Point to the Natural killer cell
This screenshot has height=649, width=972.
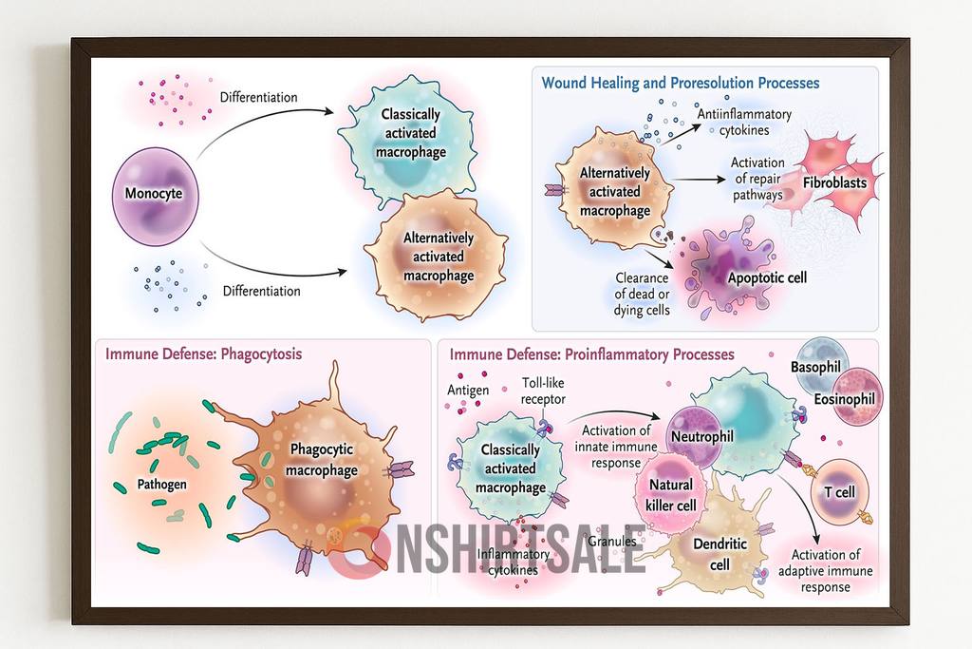(x=672, y=496)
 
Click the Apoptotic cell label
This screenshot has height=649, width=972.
(x=767, y=277)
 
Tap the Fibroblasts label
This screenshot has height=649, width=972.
(x=834, y=182)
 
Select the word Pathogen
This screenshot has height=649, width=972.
(x=162, y=484)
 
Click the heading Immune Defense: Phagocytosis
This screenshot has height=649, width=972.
(x=203, y=354)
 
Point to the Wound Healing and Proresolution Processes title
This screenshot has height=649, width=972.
(x=680, y=83)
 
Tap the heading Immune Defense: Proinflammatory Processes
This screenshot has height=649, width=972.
(x=591, y=354)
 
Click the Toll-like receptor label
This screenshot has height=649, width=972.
(x=543, y=391)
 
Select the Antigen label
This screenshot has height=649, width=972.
(x=468, y=390)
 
